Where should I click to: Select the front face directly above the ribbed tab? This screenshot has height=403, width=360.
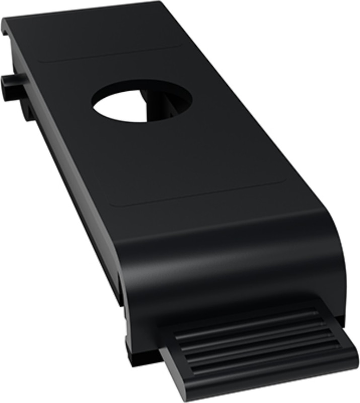237,292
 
